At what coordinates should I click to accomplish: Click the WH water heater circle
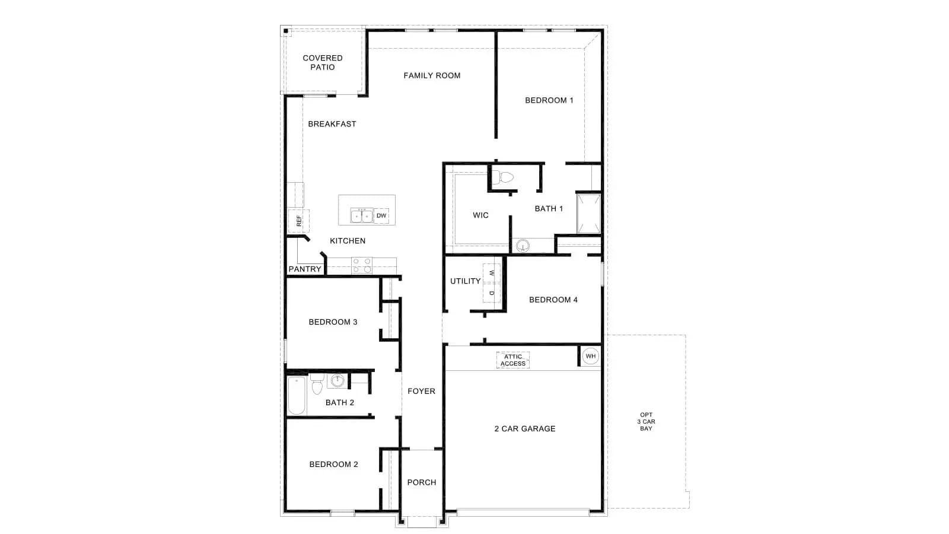591,356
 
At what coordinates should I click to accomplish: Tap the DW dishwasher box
381,216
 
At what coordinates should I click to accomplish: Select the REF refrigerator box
299,221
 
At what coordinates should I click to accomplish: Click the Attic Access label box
512,360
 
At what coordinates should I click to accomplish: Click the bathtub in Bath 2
297,395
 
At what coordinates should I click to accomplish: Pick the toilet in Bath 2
317,384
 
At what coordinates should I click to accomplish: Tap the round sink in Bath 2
337,380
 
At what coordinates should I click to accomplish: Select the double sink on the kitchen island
362,216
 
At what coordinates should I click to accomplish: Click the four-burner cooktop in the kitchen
362,265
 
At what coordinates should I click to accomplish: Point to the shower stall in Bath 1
588,214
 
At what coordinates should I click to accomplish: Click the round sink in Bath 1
523,246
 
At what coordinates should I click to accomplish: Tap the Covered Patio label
323,62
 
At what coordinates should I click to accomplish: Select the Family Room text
432,75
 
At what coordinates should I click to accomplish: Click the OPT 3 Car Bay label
646,422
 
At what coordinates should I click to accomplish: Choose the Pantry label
305,269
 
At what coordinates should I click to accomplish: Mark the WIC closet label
480,215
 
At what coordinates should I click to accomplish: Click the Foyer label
421,391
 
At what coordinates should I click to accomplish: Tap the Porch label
422,482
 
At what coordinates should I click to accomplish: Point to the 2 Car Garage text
525,428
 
